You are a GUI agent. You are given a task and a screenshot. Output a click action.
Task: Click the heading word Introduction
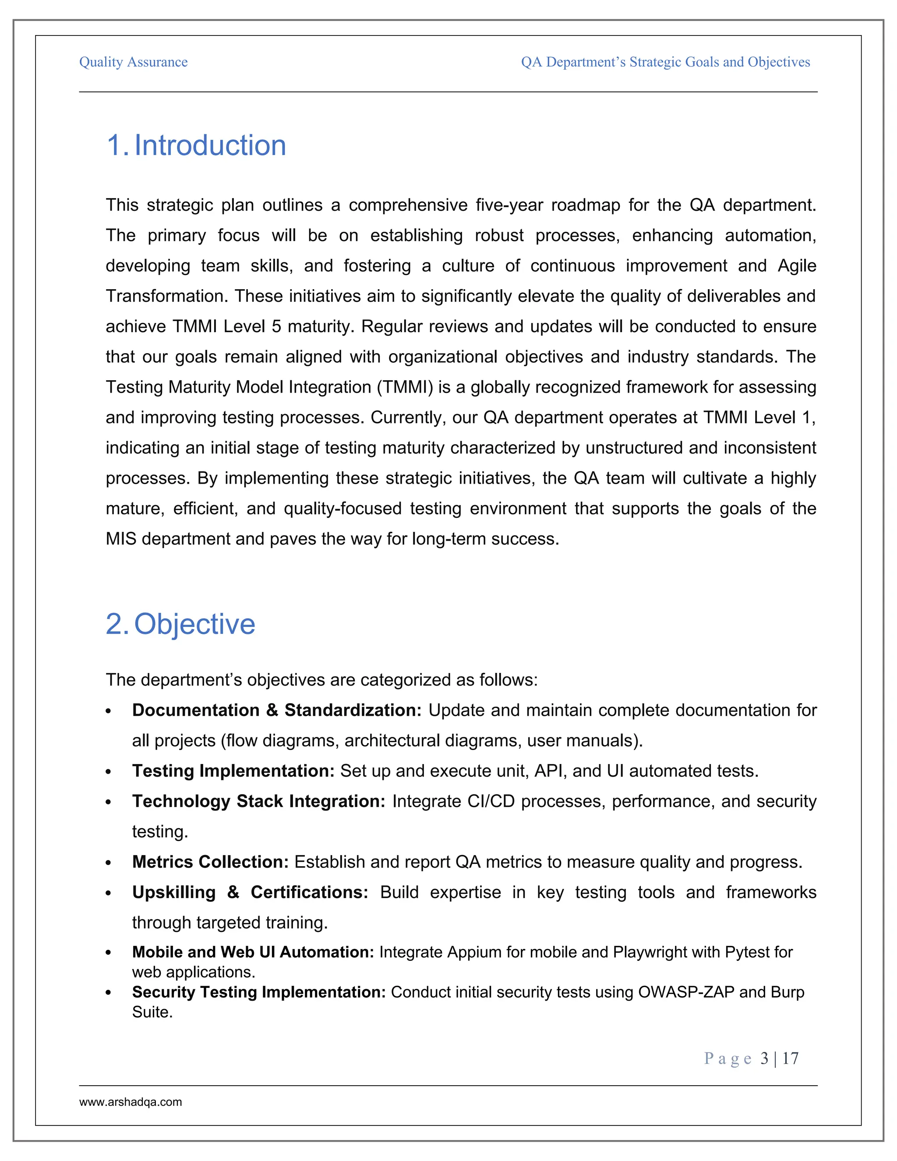210,145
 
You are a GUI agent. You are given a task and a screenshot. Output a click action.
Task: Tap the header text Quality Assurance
134,62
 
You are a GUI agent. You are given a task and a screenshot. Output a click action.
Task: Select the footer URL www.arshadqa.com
131,1102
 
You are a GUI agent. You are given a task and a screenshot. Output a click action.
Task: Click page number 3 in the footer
764,1058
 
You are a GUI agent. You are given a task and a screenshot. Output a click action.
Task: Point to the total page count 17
790,1058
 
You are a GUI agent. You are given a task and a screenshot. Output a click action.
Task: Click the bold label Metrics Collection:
210,862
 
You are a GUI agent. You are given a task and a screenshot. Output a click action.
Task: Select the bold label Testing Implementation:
233,771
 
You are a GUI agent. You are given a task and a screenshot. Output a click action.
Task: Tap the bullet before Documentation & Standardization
109,711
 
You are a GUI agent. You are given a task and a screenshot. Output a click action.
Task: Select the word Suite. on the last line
152,1012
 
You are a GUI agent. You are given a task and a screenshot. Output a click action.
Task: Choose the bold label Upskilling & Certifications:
250,892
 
